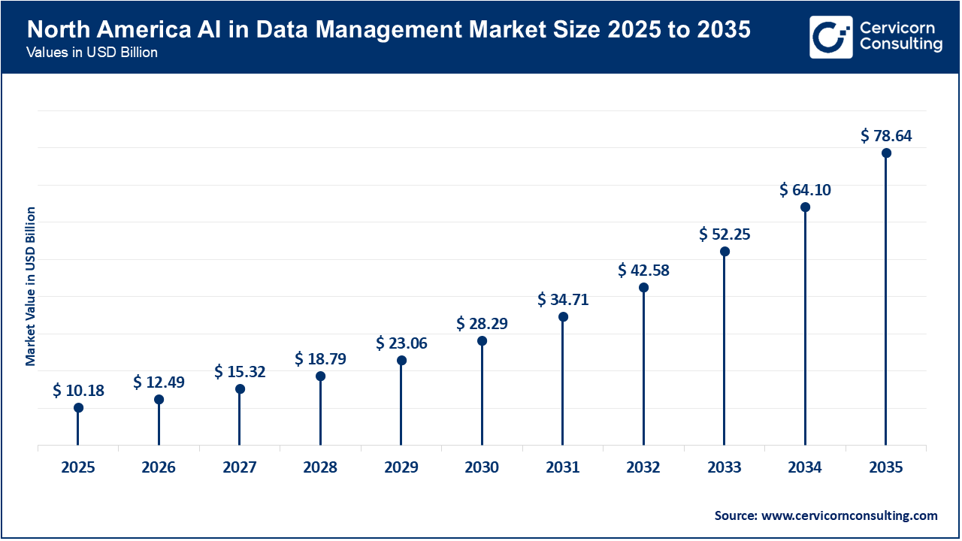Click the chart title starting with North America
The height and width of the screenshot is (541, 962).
pyautogui.click(x=388, y=29)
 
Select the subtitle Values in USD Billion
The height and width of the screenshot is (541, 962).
pyautogui.click(x=92, y=53)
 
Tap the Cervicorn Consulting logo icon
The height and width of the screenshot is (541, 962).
pyautogui.click(x=831, y=37)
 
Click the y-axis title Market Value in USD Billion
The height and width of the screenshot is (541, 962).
pyautogui.click(x=31, y=286)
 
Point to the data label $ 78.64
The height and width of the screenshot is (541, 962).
pyautogui.click(x=886, y=136)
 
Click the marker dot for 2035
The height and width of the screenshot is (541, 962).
pyautogui.click(x=886, y=153)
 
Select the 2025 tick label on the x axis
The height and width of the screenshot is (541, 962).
pyautogui.click(x=78, y=467)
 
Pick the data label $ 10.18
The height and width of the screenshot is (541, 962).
pyautogui.click(x=78, y=391)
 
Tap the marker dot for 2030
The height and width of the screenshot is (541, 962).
pyautogui.click(x=482, y=341)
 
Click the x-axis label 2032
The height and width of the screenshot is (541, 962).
pyautogui.click(x=643, y=467)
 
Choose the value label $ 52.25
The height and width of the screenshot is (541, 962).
pyautogui.click(x=725, y=234)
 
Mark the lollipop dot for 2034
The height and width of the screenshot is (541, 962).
pyautogui.click(x=805, y=207)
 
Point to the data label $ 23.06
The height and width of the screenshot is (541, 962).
pyautogui.click(x=401, y=343)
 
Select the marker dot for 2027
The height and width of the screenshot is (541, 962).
pyautogui.click(x=240, y=389)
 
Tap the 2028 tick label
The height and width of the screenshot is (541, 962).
pyautogui.click(x=320, y=467)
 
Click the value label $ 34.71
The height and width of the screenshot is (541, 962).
pyautogui.click(x=563, y=300)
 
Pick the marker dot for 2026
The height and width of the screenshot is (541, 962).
pyautogui.click(x=159, y=400)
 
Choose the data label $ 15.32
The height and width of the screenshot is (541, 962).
pyautogui.click(x=240, y=372)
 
